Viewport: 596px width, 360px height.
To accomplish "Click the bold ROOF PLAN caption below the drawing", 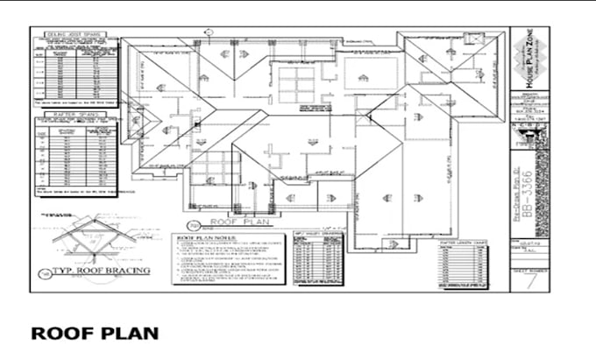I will pos(95,333).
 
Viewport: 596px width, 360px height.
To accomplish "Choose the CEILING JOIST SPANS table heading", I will pos(73,34).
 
